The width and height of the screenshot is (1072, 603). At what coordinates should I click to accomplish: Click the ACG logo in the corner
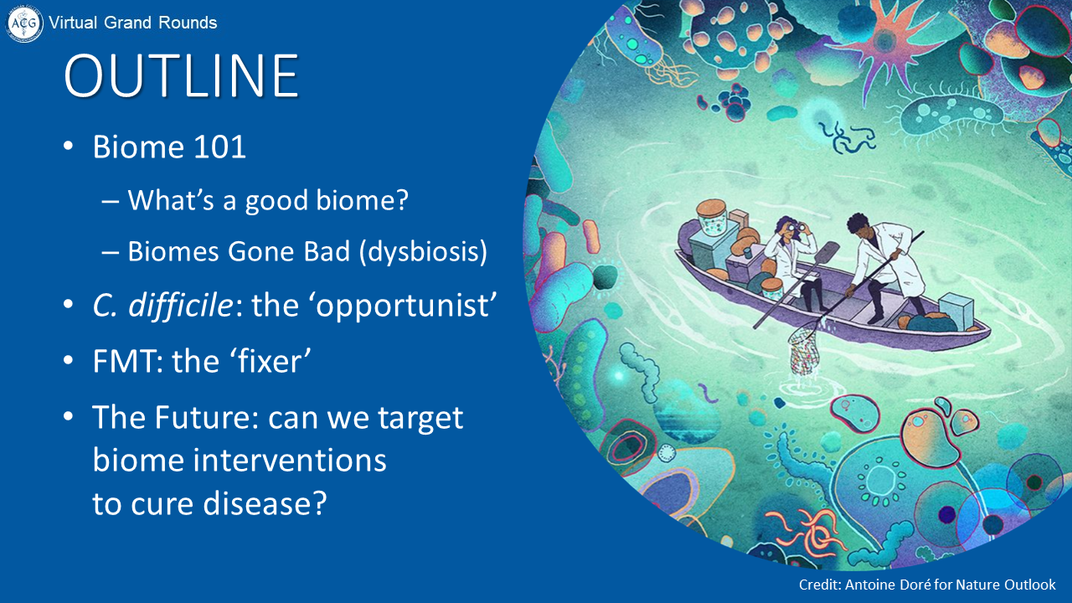pos(24,23)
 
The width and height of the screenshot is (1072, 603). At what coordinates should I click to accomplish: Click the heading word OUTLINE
pos(182,75)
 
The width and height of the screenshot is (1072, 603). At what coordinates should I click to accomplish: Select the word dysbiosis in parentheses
pos(423,251)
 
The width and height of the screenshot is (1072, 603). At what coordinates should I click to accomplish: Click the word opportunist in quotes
pos(402,307)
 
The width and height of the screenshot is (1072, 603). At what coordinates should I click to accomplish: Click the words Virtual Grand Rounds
pos(133,23)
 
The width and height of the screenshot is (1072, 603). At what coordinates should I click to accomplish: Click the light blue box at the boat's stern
pos(956,311)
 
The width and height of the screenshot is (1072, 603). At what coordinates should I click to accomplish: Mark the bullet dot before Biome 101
pos(69,146)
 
